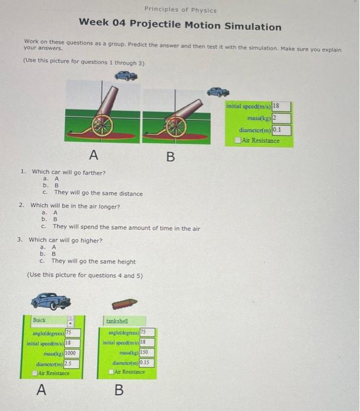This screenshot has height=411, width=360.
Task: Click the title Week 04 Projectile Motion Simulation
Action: (x=180, y=27)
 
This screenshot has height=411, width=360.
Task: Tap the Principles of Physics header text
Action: (x=180, y=10)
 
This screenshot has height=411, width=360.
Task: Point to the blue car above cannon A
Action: (x=126, y=75)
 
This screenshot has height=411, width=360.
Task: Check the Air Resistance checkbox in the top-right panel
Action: (x=237, y=140)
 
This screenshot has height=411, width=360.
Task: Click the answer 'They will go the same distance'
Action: (x=98, y=193)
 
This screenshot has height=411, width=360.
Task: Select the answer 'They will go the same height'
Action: (x=93, y=262)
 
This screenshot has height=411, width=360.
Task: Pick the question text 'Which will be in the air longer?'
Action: (x=75, y=206)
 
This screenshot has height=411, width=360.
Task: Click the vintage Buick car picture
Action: (x=51, y=301)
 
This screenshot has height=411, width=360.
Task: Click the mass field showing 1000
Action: (x=72, y=353)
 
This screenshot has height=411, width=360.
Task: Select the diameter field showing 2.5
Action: (x=71, y=363)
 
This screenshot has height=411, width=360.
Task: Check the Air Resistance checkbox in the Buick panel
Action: (x=35, y=373)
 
